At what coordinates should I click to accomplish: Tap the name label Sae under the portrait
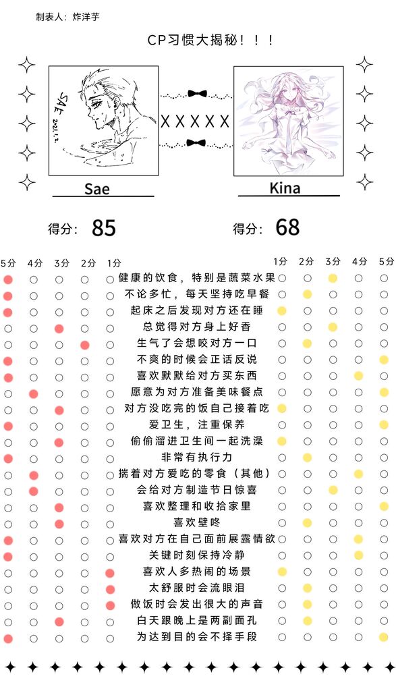click(97, 189)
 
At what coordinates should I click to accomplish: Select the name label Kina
click(285, 188)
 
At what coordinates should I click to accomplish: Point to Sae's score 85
click(104, 228)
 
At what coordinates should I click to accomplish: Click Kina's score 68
click(287, 227)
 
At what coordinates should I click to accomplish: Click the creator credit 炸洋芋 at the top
click(86, 17)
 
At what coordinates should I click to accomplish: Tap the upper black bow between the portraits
click(197, 93)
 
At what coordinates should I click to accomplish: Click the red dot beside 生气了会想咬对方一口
click(85, 345)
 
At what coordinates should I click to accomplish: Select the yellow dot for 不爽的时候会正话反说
click(384, 360)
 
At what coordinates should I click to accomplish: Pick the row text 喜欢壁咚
click(196, 523)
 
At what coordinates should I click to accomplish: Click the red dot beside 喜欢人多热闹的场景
click(110, 574)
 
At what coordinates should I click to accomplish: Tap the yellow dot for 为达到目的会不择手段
click(384, 637)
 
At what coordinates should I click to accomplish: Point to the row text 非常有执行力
click(196, 458)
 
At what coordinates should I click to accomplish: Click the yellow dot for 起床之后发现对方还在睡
click(282, 311)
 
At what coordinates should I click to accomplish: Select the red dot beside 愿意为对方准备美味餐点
click(34, 394)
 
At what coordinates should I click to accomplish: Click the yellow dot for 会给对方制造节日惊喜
click(333, 490)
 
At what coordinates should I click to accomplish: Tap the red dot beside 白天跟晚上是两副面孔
click(59, 622)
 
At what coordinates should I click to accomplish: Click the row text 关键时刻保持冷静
click(196, 555)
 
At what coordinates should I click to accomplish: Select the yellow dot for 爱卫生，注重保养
click(384, 425)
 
